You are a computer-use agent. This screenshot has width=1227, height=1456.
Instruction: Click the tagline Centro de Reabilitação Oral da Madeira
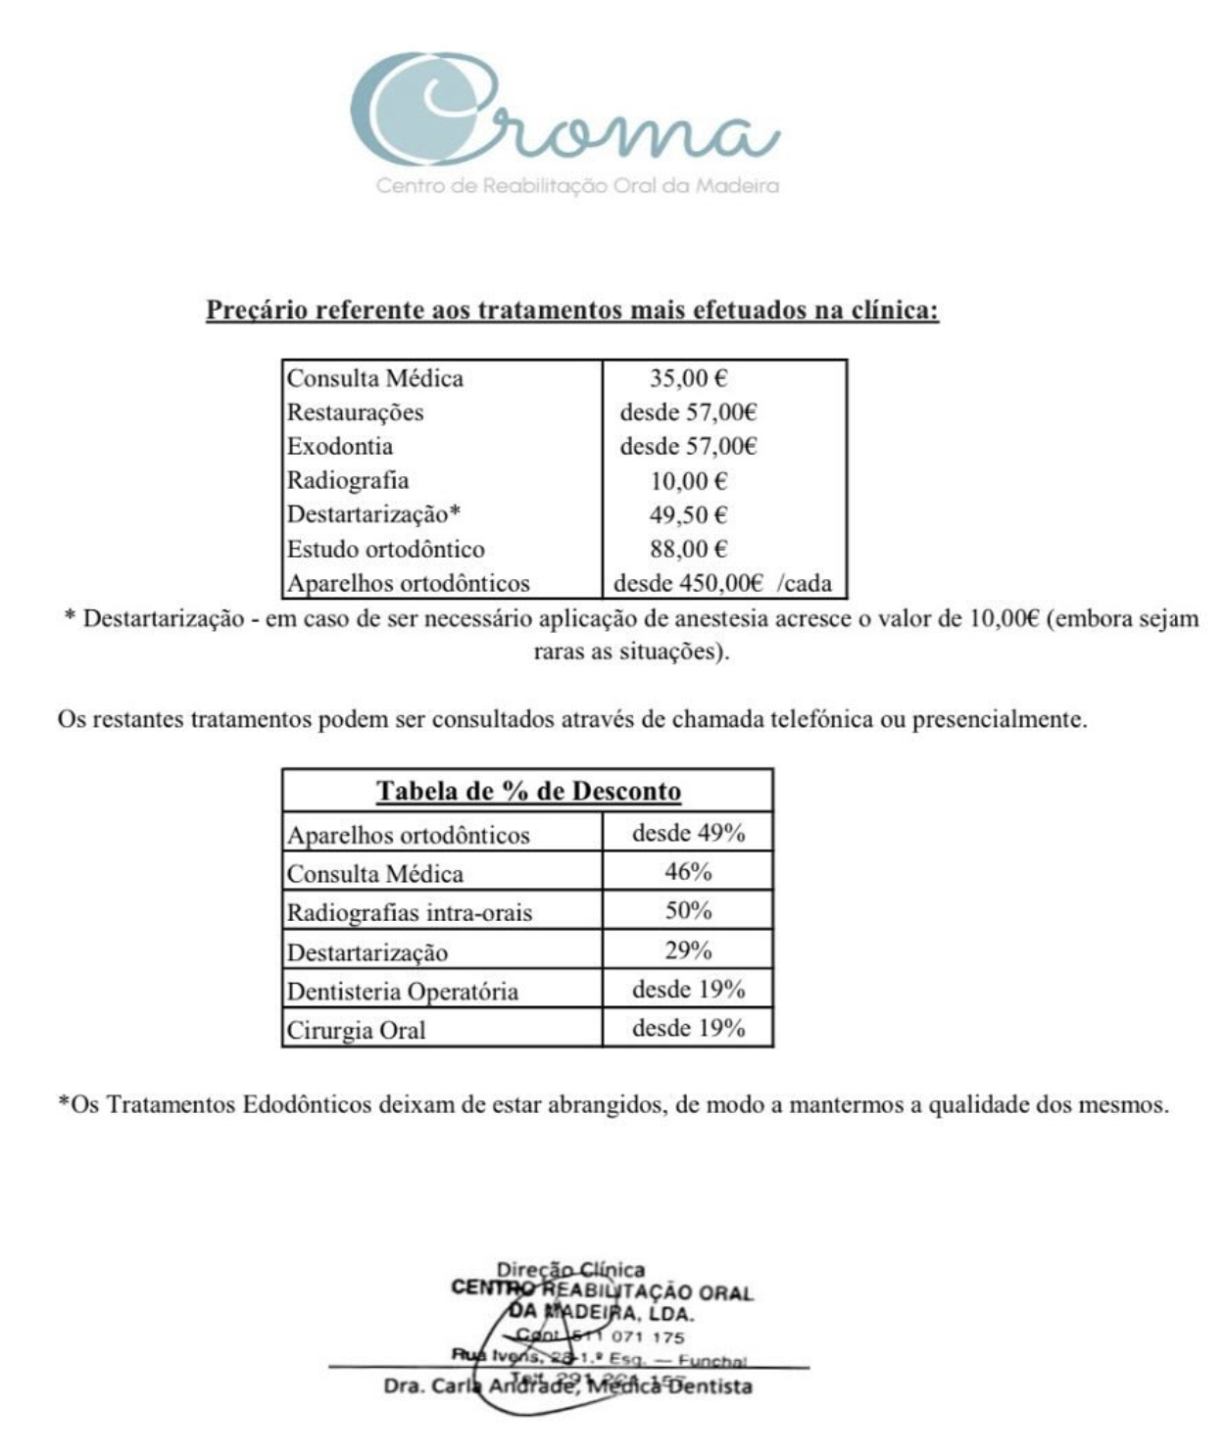pyautogui.click(x=577, y=185)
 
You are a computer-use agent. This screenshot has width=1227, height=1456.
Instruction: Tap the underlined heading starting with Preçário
pyautogui.click(x=572, y=311)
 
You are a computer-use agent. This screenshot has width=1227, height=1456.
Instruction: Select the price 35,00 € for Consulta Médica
pyautogui.click(x=688, y=378)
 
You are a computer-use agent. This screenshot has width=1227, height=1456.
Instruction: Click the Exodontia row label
pyautogui.click(x=340, y=447)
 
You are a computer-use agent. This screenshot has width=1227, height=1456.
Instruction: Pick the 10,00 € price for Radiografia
pyautogui.click(x=688, y=481)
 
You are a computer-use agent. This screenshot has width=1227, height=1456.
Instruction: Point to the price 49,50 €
pyautogui.click(x=688, y=515)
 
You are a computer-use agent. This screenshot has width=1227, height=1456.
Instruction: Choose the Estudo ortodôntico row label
pyautogui.click(x=385, y=549)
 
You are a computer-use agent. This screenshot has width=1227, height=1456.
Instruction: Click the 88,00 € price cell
pyautogui.click(x=688, y=549)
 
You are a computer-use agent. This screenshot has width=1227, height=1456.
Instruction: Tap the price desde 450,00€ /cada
pyautogui.click(x=722, y=584)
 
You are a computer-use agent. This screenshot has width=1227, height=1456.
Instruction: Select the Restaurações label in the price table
pyautogui.click(x=355, y=413)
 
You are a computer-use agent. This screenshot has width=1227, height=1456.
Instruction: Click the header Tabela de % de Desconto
pyautogui.click(x=528, y=791)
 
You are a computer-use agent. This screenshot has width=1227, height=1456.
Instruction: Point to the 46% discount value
pyautogui.click(x=688, y=872)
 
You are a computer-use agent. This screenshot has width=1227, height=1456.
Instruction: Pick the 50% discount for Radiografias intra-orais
pyautogui.click(x=688, y=911)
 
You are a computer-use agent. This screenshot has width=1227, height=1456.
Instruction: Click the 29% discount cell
pyautogui.click(x=688, y=950)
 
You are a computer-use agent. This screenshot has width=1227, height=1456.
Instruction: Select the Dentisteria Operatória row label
pyautogui.click(x=402, y=991)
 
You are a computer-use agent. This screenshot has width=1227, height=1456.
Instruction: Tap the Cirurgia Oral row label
pyautogui.click(x=356, y=1030)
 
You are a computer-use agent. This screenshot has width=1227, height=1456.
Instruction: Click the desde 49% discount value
pyautogui.click(x=688, y=833)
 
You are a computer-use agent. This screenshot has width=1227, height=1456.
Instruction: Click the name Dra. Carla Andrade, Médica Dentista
pyautogui.click(x=568, y=1386)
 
